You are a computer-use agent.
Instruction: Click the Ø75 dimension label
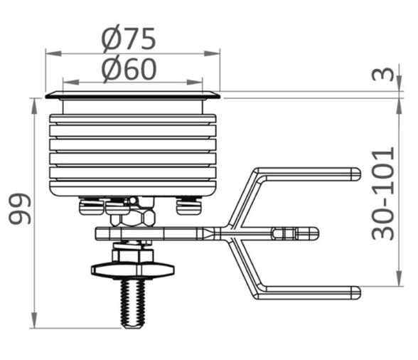pyautogui.click(x=129, y=38)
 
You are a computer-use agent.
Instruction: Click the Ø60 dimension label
pyautogui.click(x=129, y=69)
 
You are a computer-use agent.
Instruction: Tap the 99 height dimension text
pyautogui.click(x=20, y=208)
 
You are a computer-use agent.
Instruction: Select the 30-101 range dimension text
pyautogui.click(x=382, y=194)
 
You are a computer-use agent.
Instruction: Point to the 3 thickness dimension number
pyautogui.click(x=383, y=74)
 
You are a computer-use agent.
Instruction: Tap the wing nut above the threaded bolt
pyautogui.click(x=133, y=270)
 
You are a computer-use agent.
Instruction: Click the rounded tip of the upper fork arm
pyautogui.click(x=356, y=174)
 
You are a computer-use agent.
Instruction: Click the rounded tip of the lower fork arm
pyautogui.click(x=356, y=292)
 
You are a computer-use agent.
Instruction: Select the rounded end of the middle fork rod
pyautogui.click(x=314, y=233)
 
